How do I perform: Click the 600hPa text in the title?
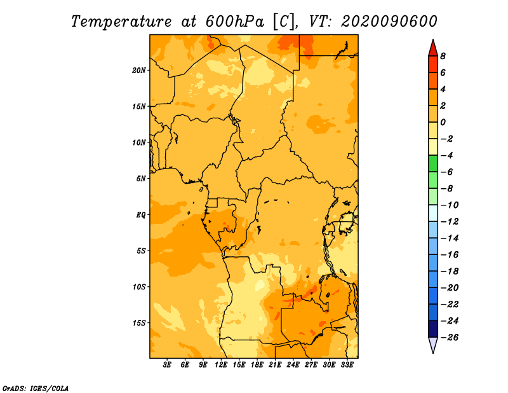235,22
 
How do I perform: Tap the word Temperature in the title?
121,22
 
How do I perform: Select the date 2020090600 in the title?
389,22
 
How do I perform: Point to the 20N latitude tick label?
139,71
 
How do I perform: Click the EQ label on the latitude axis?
141,215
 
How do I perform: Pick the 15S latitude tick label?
139,323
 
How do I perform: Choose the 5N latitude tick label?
141,179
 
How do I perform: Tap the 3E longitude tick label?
167,365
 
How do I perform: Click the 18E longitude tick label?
257,365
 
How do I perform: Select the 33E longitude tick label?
347,365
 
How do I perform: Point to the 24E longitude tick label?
293,365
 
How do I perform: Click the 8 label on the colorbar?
443,56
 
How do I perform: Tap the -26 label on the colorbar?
450,338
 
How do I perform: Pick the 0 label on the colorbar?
443,122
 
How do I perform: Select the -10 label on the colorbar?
450,205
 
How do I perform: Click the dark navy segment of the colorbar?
433,329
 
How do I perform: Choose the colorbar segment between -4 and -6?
433,163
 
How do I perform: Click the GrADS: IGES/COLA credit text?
36,388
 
